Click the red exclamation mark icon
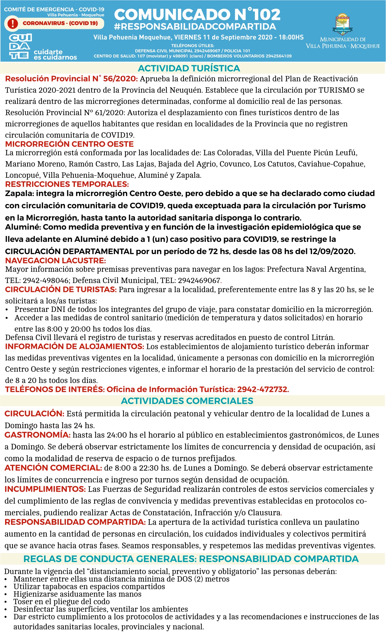click(x=13, y=23)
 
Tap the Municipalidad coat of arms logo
click(x=343, y=24)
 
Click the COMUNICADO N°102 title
click(x=197, y=14)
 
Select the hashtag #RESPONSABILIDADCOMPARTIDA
click(x=195, y=26)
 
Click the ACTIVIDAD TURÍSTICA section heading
click(x=189, y=68)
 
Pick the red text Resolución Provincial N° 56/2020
click(x=71, y=79)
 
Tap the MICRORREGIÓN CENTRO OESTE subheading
click(x=69, y=144)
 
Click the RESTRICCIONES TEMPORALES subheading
click(x=67, y=184)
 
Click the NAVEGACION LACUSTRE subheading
click(x=56, y=260)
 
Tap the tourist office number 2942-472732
click(x=263, y=389)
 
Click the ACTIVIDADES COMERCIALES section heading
click(x=187, y=401)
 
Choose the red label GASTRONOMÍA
click(x=37, y=435)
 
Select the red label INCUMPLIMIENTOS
click(x=45, y=489)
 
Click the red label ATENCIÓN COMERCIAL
click(x=53, y=468)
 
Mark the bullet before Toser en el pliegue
click(x=6, y=602)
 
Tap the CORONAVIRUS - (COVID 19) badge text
click(x=60, y=23)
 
